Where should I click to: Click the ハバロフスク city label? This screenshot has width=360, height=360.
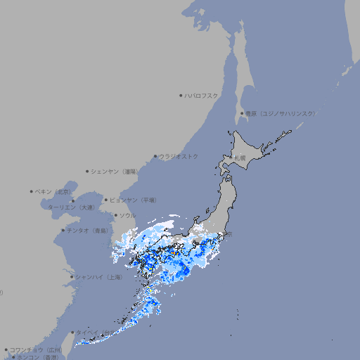[202, 95]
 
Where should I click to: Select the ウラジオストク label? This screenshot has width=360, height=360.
[179, 156]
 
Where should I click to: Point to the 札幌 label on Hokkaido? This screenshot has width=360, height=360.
[240, 158]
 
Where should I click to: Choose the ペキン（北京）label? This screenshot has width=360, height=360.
[54, 191]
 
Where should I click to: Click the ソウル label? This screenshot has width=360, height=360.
[127, 215]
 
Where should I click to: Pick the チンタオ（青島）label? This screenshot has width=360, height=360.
[88, 230]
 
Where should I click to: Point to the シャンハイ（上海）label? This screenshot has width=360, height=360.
[98, 277]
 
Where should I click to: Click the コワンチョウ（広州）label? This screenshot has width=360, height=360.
[35, 349]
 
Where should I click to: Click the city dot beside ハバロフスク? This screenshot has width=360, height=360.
[181, 95]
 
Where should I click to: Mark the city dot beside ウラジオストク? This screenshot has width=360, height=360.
[155, 156]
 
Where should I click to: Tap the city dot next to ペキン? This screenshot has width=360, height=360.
[32, 191]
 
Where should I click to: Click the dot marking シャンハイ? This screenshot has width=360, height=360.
[72, 277]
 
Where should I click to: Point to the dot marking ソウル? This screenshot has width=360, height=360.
[115, 215]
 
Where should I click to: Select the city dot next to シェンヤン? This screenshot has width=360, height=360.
[87, 171]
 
